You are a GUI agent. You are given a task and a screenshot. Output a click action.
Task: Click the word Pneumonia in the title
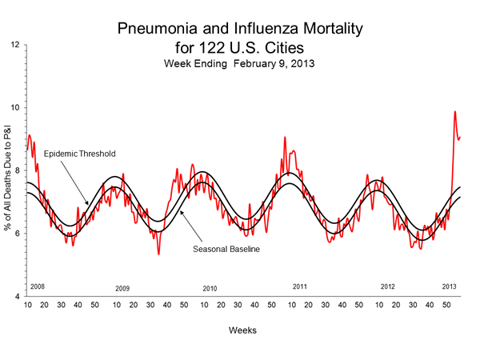pos(155,30)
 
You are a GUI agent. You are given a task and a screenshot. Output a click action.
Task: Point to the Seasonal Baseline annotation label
pos(228,248)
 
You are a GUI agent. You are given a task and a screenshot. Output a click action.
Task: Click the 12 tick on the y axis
pos(16,45)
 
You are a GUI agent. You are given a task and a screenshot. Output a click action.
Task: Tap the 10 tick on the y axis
pos(16,107)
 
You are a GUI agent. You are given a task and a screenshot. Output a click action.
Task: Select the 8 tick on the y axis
pos(18,170)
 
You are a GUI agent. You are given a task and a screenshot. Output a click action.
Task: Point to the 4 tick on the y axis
pos(18,296)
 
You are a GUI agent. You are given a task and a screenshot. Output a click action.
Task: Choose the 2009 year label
pos(122,288)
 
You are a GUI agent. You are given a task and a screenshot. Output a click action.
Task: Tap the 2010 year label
pos(210,288)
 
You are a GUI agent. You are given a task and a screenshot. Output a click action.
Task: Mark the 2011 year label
pos(300,286)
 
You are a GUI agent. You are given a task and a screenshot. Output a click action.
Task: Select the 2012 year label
pos(388,286)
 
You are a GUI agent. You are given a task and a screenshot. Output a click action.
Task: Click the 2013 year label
pos(450,286)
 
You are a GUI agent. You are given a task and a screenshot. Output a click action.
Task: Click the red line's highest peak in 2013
pos(455,112)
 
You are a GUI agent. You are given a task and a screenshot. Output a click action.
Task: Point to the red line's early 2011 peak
pos(285,138)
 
